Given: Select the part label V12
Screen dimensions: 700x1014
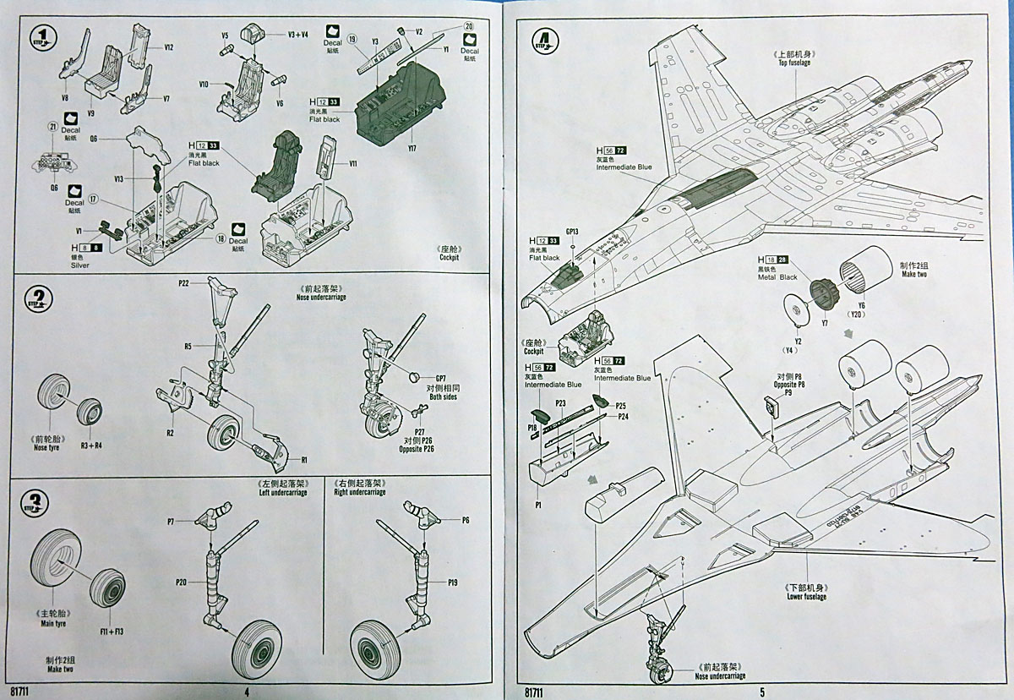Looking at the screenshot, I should [x=169, y=47].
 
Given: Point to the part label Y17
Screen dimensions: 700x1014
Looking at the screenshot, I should [x=412, y=149].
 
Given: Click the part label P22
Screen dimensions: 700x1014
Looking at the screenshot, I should [x=183, y=282].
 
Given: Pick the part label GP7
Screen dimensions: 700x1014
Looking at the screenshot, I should [x=440, y=379].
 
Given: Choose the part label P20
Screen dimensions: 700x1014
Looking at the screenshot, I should [x=181, y=582].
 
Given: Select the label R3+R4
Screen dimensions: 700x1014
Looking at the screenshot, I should [x=90, y=444].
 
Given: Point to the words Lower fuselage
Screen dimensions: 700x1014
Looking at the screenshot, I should [x=805, y=597].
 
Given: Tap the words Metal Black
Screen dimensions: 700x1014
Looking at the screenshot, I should [x=777, y=277].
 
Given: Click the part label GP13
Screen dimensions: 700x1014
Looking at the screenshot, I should [x=573, y=232].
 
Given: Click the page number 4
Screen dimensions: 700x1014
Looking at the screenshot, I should [x=246, y=691].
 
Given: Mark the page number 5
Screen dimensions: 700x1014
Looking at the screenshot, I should [x=761, y=691].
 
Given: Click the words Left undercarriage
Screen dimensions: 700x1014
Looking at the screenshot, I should [x=284, y=492].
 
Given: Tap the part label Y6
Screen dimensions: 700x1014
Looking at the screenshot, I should [x=862, y=305].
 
